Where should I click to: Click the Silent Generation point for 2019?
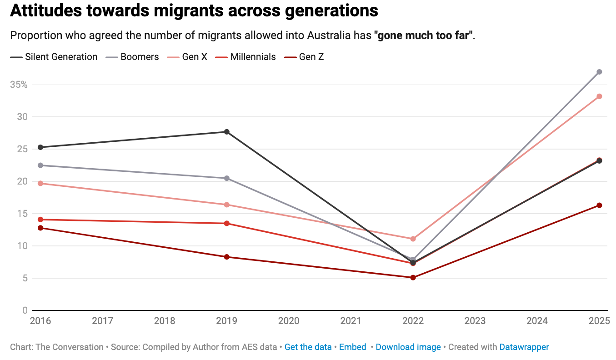[x=226, y=132]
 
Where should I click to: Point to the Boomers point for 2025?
[x=599, y=72]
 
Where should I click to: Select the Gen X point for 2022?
[x=413, y=239]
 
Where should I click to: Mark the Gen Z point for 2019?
[x=226, y=257]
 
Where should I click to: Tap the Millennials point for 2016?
[x=40, y=220]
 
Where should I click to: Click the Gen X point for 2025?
[x=599, y=96]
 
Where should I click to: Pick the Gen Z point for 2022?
[x=413, y=277]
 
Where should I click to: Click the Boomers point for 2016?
[x=40, y=165]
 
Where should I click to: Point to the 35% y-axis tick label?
[x=19, y=85]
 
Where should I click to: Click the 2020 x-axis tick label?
[x=289, y=321]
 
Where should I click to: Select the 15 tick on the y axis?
[x=22, y=214]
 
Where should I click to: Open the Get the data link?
[x=308, y=347]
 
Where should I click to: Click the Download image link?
[x=408, y=347]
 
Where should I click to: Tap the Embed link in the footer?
[x=353, y=347]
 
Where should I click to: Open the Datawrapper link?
[x=524, y=347]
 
